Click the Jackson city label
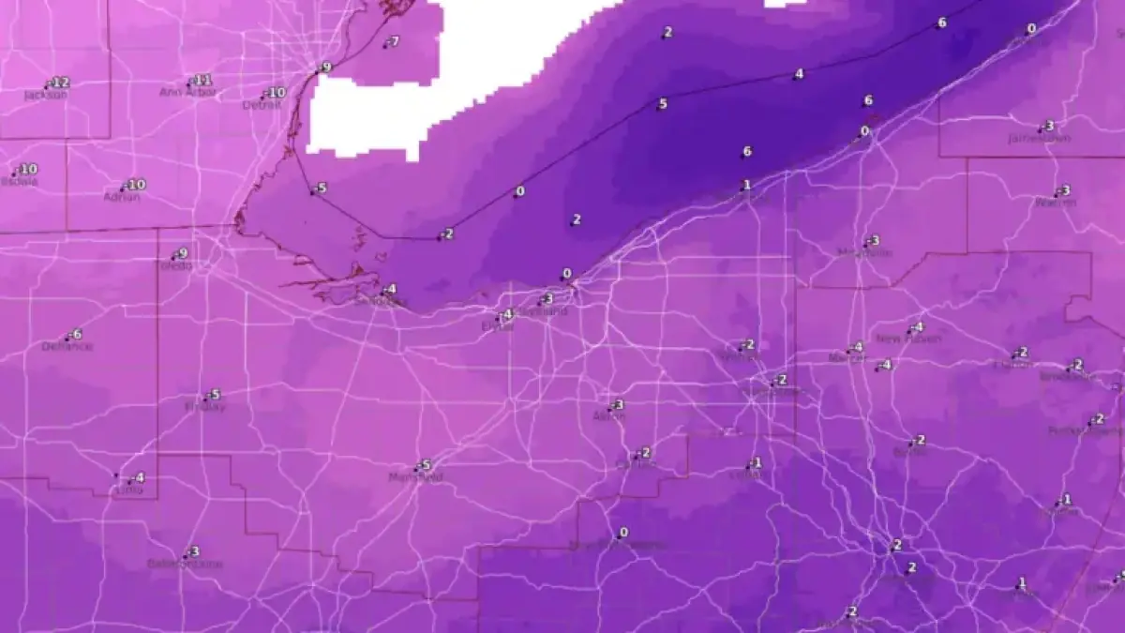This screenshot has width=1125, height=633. pos(45,95)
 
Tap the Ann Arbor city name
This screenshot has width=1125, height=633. pos(187,92)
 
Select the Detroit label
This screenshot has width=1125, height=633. pos(262,105)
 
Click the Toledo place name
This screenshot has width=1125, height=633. pos(173,266)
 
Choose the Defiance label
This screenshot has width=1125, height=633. pos(67,346)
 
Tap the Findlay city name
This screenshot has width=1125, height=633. pos(205,407)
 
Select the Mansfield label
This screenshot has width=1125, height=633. pos(415,477)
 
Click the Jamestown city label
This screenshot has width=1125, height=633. pos(1040,138)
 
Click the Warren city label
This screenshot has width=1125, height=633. pos(1055,203)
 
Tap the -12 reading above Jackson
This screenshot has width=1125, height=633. pos(61,83)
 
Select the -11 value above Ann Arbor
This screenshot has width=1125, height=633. pos(202,80)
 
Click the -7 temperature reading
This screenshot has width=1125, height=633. pos(393,41)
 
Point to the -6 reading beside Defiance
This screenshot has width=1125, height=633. pos(76,334)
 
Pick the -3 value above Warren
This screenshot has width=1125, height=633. pos(1063,190)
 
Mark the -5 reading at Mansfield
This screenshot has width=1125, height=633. pos(425,464)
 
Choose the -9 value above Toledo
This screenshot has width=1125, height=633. pos(182,253)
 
